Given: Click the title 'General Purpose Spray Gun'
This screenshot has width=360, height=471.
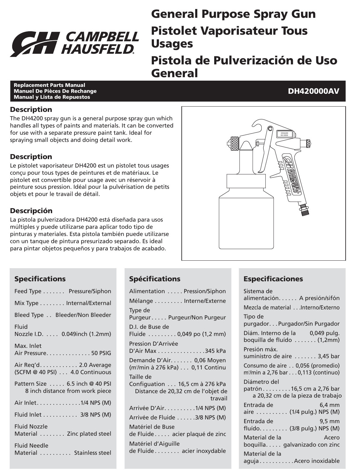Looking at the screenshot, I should point(233,14).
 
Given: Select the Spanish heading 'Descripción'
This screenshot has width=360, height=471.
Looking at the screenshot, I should point(31,211).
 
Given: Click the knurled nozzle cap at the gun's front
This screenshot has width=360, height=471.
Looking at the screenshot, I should point(234,144).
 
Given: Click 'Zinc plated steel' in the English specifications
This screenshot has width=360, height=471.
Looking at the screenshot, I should point(89,434).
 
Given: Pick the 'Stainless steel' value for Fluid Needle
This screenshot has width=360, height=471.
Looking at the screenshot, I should point(92,453).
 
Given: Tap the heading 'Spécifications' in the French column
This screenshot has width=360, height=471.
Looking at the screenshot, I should point(155,279).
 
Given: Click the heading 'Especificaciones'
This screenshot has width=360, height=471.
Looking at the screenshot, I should point(273,279).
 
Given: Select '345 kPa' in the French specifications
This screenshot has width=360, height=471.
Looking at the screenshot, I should point(215,351).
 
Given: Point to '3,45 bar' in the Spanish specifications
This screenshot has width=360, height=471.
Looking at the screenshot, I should point(328,356).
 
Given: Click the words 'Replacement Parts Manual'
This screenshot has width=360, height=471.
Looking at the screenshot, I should point(49,85).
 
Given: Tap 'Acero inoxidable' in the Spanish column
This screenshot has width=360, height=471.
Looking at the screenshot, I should point(317,461).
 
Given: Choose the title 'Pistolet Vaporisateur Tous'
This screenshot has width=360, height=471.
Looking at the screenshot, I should point(229,31).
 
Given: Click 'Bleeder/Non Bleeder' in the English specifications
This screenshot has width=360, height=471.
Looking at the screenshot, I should point(83,315).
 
